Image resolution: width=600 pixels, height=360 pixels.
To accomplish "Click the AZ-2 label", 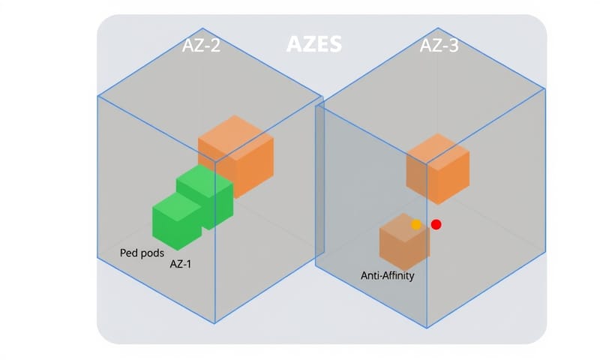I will pos(202,46).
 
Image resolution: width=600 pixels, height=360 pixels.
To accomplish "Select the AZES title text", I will pos(314,44).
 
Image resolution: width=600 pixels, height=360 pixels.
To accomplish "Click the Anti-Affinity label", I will pos(387,275).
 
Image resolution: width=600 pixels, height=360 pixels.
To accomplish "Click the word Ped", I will pos(130,253).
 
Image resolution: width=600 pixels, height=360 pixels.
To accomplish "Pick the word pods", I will pos(154,253).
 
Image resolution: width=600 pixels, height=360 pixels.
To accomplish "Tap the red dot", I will pos(436,224).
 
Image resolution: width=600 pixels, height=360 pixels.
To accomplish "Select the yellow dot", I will pos(416,224).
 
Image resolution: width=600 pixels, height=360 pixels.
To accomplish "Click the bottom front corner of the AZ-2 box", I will pos(215,323).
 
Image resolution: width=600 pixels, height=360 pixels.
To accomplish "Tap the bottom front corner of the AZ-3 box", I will pos(427,327).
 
